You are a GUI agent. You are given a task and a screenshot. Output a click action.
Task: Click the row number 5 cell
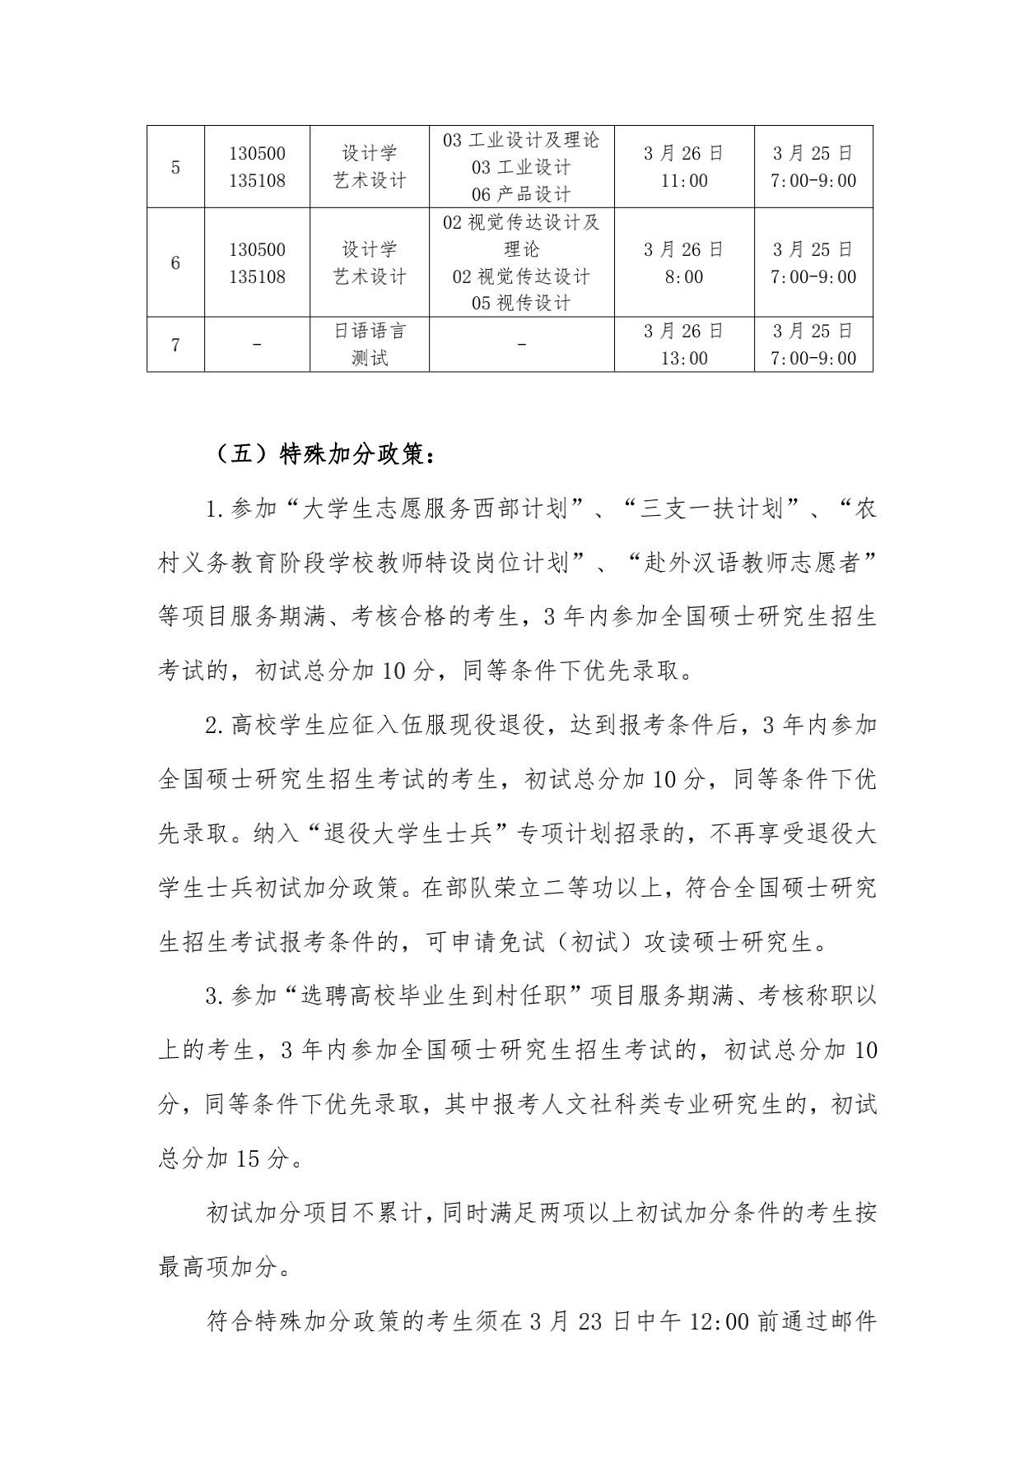click(x=175, y=167)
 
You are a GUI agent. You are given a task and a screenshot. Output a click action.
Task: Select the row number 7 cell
click(x=175, y=345)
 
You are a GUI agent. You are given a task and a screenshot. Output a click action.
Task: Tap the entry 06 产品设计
click(x=521, y=194)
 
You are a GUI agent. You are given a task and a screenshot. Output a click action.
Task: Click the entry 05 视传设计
click(x=521, y=303)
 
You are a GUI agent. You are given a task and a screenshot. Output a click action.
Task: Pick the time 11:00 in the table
click(x=684, y=181)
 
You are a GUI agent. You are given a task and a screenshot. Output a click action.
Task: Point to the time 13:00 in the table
click(x=684, y=359)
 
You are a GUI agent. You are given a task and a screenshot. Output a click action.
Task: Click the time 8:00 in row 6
click(x=684, y=277)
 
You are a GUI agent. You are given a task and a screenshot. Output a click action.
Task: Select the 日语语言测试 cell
click(x=370, y=345)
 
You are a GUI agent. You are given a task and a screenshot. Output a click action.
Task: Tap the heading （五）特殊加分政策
click(x=320, y=455)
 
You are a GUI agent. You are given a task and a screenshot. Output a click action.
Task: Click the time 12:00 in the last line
click(x=719, y=1322)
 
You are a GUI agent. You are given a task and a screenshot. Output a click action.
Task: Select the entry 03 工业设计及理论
click(x=521, y=140)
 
